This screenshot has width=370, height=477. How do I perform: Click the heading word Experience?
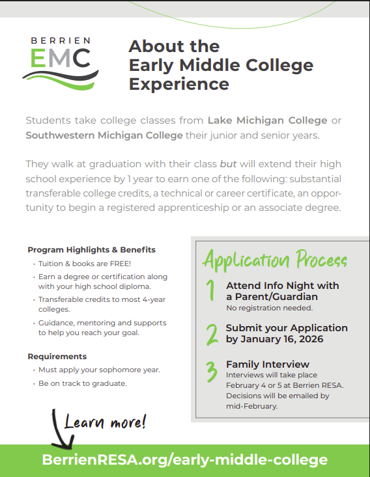[178, 84]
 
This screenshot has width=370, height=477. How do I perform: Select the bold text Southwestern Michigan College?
[104, 135]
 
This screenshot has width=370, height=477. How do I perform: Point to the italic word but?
[228, 163]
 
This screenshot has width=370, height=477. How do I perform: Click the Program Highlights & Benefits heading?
[92, 250]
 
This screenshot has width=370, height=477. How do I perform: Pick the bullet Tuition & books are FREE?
[85, 264]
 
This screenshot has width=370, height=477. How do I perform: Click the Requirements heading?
[57, 357]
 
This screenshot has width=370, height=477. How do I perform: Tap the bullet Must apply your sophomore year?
[99, 370]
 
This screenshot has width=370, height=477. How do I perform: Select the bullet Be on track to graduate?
[82, 383]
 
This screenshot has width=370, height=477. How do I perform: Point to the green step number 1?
[210, 290]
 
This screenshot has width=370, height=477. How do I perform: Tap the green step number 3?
[212, 372]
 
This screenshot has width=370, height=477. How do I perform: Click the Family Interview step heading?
[268, 364]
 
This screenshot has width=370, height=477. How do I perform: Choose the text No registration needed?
[269, 308]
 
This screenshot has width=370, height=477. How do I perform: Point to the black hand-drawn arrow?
[62, 429]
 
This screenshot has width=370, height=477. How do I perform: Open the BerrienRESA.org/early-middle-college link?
[185, 460]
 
